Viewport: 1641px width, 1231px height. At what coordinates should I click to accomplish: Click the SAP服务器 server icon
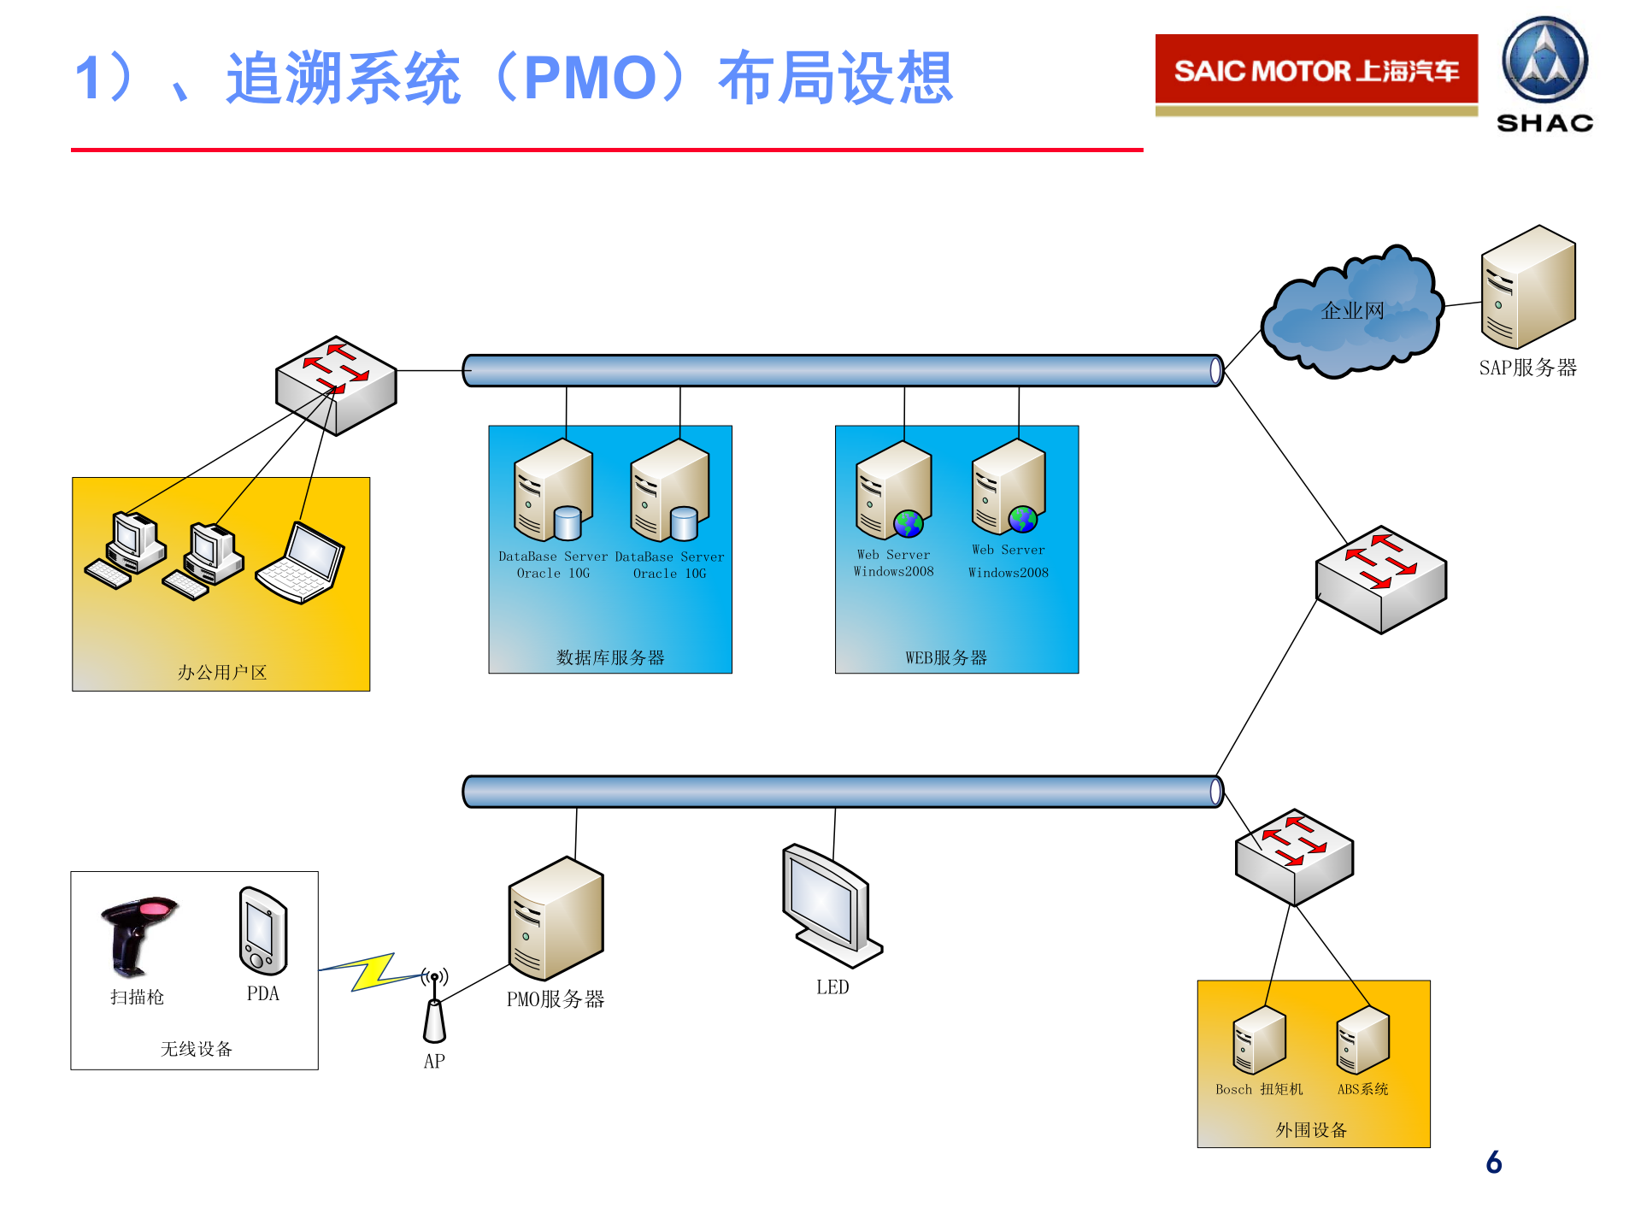[x=1527, y=287]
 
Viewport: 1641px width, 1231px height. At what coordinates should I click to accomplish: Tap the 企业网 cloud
[x=1352, y=313]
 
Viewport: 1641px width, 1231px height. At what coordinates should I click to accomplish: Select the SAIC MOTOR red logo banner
[x=1316, y=70]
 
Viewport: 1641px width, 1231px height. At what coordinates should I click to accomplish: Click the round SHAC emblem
[x=1544, y=60]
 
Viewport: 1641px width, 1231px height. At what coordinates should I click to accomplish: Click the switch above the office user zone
[x=336, y=385]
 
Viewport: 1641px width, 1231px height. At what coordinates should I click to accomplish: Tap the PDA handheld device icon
[x=263, y=931]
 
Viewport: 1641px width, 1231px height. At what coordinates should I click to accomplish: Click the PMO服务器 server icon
[x=556, y=919]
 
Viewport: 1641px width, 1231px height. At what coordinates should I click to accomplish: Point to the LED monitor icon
[x=829, y=906]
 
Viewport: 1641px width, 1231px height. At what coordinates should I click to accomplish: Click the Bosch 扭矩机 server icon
[x=1259, y=1040]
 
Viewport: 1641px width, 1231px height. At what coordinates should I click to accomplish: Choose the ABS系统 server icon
[x=1362, y=1040]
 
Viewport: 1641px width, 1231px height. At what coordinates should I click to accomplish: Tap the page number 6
[x=1494, y=1162]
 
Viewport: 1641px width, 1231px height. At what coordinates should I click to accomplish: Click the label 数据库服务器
[x=610, y=657]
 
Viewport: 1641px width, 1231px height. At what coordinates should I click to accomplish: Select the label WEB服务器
[x=946, y=657]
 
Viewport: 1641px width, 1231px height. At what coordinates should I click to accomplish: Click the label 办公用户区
[x=222, y=673]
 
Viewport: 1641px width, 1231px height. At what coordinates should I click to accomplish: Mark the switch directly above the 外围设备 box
[x=1294, y=857]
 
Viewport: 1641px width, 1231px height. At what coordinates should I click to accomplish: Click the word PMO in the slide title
[x=590, y=79]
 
